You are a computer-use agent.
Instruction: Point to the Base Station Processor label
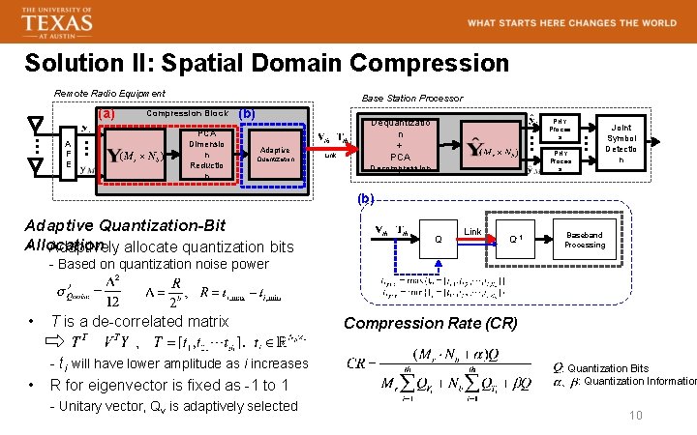(x=411, y=98)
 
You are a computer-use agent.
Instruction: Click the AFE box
(x=67, y=154)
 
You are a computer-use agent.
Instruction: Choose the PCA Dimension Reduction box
(x=207, y=154)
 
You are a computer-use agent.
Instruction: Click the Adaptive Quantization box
(x=275, y=155)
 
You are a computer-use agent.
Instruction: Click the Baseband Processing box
(x=584, y=240)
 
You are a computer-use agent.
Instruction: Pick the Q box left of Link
(x=438, y=239)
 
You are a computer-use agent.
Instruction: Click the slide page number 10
(x=636, y=415)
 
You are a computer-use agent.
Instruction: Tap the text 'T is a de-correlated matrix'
(x=139, y=321)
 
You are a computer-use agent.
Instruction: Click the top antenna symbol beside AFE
(x=36, y=127)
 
